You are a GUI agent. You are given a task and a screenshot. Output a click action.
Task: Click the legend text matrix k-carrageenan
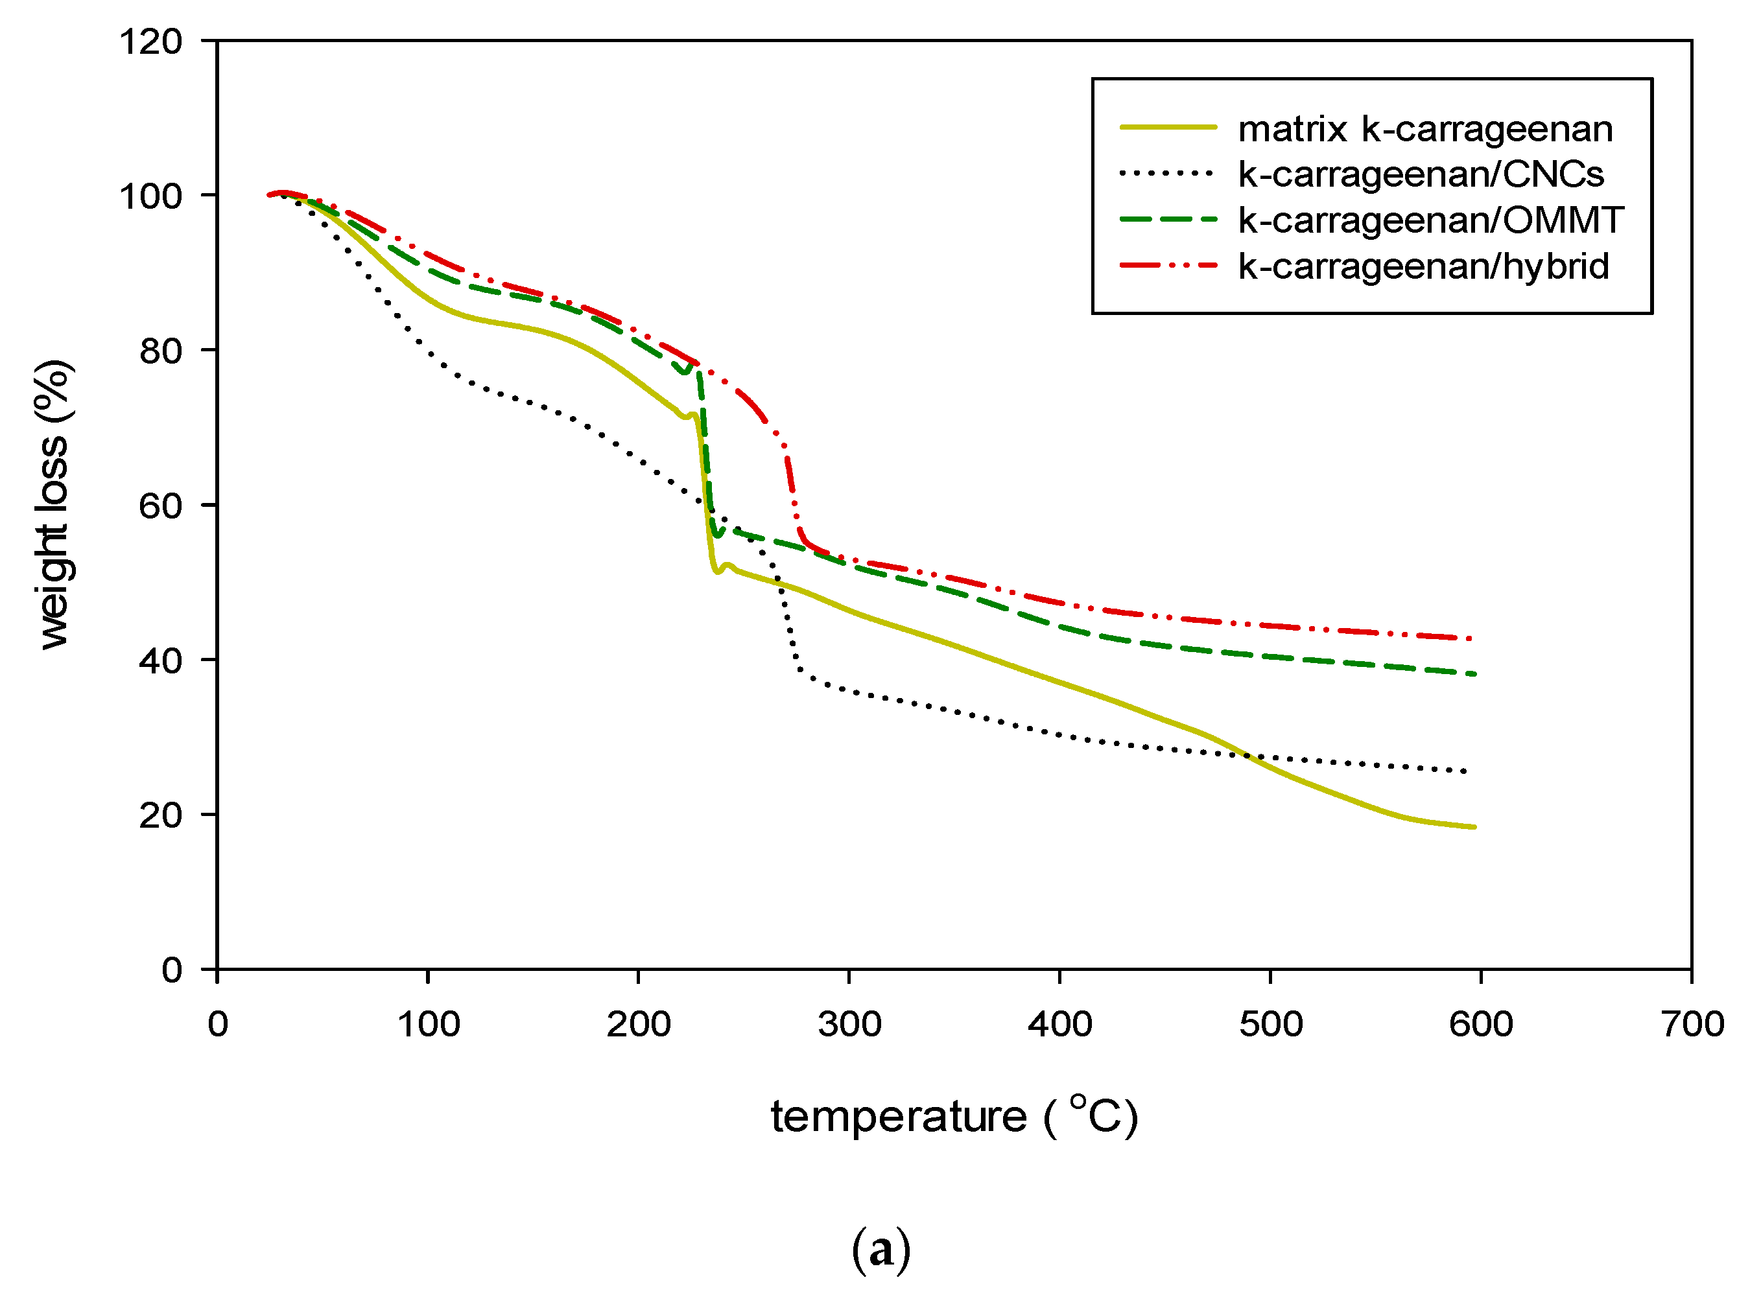coord(1424,128)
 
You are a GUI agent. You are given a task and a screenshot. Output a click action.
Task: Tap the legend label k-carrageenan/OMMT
coord(1430,220)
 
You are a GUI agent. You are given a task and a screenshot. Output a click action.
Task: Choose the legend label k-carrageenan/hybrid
coord(1423,266)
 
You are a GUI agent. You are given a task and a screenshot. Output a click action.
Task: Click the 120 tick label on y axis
coord(150,41)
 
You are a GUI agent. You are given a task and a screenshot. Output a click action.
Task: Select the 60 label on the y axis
coord(160,506)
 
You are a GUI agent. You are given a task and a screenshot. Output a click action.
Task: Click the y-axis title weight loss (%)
coord(53,506)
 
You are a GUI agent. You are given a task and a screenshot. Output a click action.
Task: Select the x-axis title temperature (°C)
coord(953,1116)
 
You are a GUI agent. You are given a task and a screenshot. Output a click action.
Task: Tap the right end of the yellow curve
coord(1473,827)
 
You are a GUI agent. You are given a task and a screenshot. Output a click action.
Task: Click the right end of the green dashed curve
coord(1473,674)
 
